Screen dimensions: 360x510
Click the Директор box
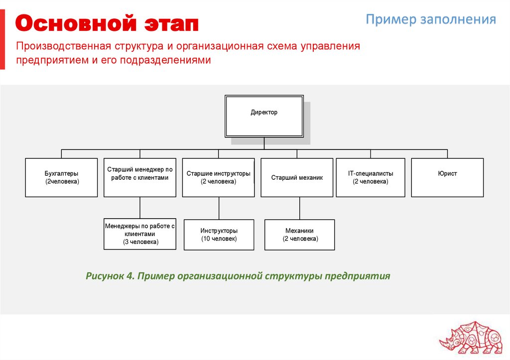coord(264,116)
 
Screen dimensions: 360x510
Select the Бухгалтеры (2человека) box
coord(61,177)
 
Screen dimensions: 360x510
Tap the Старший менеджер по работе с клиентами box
coord(140,177)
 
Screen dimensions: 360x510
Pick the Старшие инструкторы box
coord(218,177)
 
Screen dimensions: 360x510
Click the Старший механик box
coord(297,177)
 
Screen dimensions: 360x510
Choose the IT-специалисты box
coord(371,177)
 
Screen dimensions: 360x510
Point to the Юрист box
coord(447,177)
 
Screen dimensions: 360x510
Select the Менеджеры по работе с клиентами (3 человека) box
coord(140,234)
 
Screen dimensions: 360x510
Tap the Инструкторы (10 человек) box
coord(219,235)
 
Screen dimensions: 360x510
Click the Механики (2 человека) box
coord(300,235)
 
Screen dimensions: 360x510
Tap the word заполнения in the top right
coord(458,19)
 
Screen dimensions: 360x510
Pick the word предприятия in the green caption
coord(358,276)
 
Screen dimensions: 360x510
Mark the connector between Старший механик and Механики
coord(299,208)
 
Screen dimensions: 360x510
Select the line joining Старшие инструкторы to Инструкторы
coord(218,208)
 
